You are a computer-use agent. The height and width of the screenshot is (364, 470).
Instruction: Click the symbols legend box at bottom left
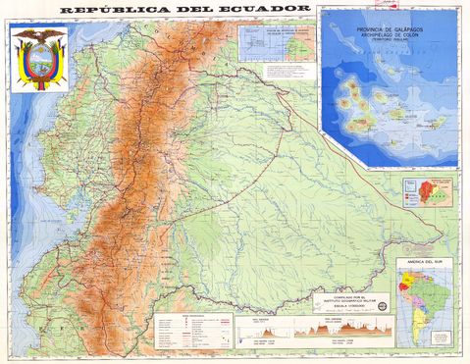coord(192,333)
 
